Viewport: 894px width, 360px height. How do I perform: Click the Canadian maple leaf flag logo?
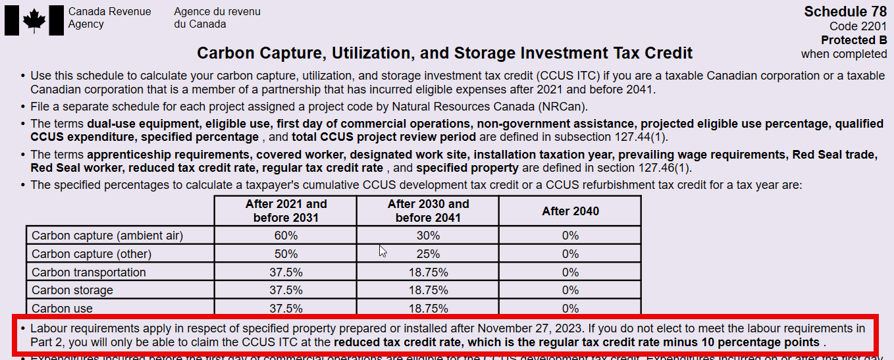pyautogui.click(x=33, y=20)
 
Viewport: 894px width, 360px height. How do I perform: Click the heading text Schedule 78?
pyautogui.click(x=845, y=12)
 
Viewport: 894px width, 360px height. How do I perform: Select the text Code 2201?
pyautogui.click(x=858, y=26)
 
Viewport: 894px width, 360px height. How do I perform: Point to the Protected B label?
pyautogui.click(x=854, y=40)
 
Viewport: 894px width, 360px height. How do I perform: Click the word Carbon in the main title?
pyautogui.click(x=226, y=53)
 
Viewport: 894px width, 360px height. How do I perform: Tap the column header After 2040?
pyautogui.click(x=570, y=211)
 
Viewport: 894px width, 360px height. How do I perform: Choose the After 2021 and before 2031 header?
pyautogui.click(x=286, y=211)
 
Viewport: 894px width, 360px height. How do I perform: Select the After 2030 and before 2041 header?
pyautogui.click(x=428, y=211)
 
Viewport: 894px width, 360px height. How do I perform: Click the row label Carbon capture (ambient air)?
pyautogui.click(x=107, y=236)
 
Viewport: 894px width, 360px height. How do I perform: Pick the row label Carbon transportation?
pyautogui.click(x=89, y=272)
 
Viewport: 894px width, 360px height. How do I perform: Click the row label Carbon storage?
pyautogui.click(x=72, y=290)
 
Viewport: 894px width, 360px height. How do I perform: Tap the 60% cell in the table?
pyautogui.click(x=286, y=236)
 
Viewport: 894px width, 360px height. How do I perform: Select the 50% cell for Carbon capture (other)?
pyautogui.click(x=286, y=254)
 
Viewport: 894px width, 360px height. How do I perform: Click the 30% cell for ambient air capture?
pyautogui.click(x=428, y=236)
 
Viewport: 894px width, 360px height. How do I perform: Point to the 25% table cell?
pyautogui.click(x=428, y=254)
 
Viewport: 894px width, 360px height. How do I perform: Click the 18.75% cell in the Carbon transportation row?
pyautogui.click(x=428, y=272)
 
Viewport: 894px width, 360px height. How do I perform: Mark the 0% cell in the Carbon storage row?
pyautogui.click(x=570, y=290)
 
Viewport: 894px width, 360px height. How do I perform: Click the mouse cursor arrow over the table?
pyautogui.click(x=382, y=251)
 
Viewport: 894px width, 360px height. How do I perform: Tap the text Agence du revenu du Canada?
pyautogui.click(x=217, y=18)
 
